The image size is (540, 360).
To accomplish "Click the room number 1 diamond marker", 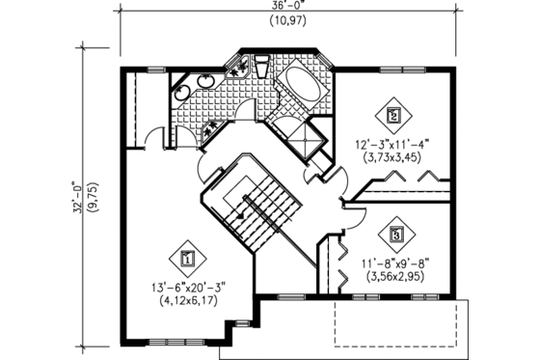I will coord(186,258).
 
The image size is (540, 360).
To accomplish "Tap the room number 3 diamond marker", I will coord(396,233).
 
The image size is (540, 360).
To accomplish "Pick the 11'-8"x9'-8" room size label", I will coord(396,262).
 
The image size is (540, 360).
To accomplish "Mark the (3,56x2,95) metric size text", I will coord(396,275).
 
